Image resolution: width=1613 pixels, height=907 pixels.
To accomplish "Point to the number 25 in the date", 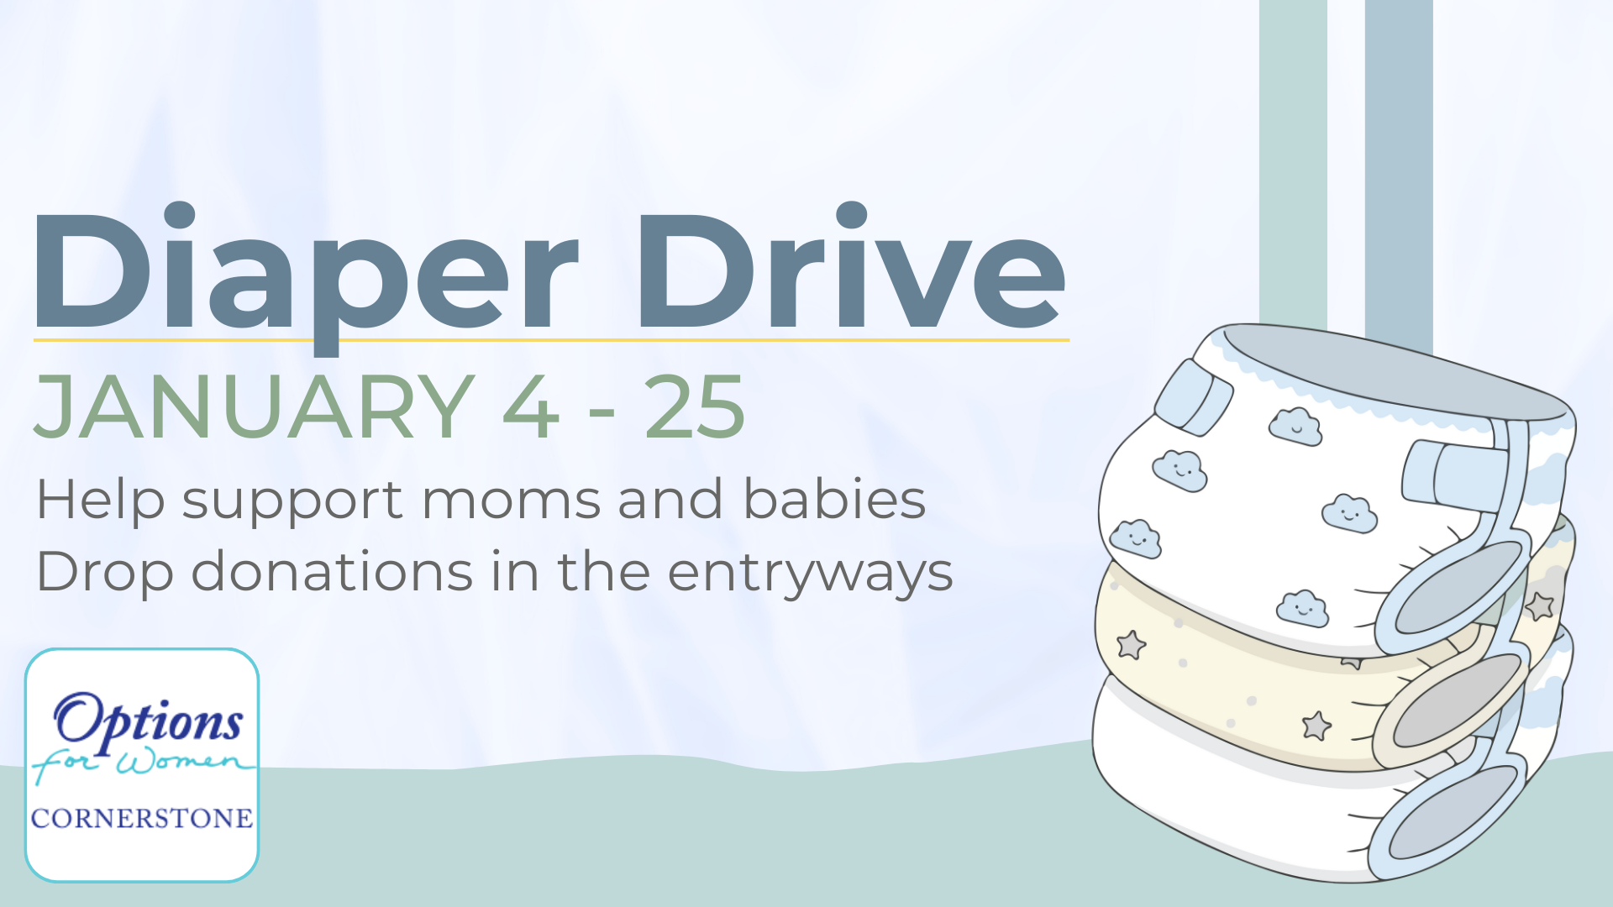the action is click(695, 407).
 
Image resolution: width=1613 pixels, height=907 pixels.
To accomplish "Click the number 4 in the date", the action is click(531, 407).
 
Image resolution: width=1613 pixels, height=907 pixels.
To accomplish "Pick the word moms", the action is click(512, 501).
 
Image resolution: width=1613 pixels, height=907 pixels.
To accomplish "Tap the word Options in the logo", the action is click(149, 721).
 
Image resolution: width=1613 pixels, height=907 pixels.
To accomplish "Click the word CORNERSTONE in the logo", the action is click(142, 818).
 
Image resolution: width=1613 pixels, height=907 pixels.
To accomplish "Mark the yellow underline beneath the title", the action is click(551, 340).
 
